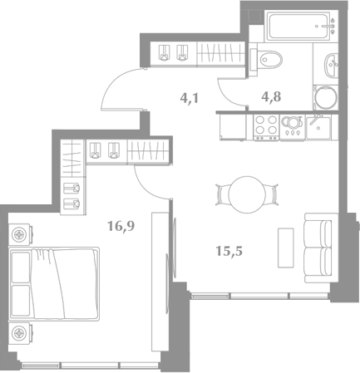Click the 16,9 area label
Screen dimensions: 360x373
click(x=121, y=226)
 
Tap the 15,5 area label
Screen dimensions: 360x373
click(x=229, y=251)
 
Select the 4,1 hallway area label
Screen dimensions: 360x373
click(x=190, y=98)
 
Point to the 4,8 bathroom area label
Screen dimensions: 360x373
click(x=271, y=96)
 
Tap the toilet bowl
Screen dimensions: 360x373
click(x=268, y=59)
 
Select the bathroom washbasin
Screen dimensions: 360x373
click(x=331, y=65)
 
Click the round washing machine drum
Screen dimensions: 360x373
click(x=327, y=97)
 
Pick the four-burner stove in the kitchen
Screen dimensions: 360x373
click(x=266, y=128)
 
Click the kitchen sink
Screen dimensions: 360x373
click(x=318, y=127)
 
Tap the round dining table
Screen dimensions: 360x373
click(x=247, y=194)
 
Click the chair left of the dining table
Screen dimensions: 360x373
click(x=222, y=194)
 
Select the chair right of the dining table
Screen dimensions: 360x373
click(x=272, y=194)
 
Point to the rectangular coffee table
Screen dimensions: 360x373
click(x=286, y=248)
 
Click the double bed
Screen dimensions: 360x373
click(x=54, y=284)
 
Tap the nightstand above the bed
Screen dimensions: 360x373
click(x=19, y=235)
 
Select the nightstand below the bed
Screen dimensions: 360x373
click(x=19, y=333)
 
